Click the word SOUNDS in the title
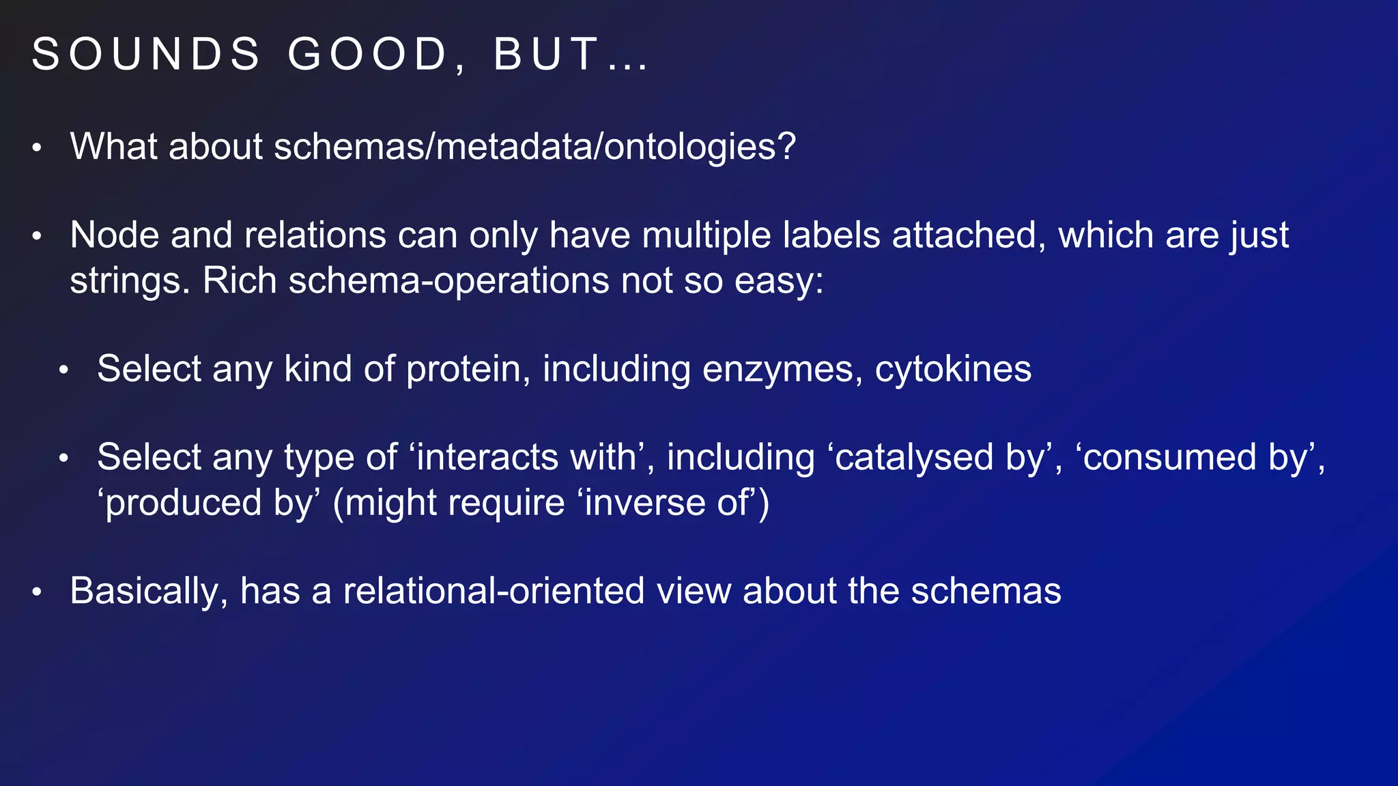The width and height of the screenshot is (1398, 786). tap(146, 55)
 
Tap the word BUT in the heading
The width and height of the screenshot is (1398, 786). tap(546, 55)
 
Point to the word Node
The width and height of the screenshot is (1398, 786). tap(114, 235)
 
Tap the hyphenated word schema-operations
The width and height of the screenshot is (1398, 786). tap(448, 281)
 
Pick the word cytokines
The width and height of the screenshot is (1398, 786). tap(953, 369)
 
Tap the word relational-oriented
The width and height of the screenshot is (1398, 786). tap(494, 591)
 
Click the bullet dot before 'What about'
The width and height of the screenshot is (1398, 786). tap(37, 148)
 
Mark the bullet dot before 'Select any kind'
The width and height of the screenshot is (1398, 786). tap(64, 370)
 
